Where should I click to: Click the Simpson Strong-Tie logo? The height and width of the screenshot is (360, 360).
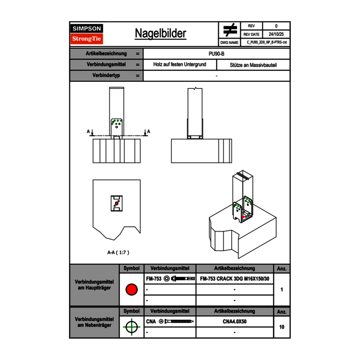coord(87,34)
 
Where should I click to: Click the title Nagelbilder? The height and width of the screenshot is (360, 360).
coord(160,34)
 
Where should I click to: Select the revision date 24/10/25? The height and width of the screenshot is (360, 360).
coord(276,34)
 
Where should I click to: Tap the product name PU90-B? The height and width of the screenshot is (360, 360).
coord(216,54)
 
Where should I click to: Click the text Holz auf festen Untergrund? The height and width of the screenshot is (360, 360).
coord(180,65)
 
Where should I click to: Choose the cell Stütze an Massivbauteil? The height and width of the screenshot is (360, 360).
coord(253,65)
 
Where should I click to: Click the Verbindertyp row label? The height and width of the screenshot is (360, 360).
coord(106,76)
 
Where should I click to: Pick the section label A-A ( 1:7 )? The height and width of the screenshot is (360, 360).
coord(118,252)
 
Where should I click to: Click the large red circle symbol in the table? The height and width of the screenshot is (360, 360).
coord(131,290)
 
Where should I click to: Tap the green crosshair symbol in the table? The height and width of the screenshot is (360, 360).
coord(131,327)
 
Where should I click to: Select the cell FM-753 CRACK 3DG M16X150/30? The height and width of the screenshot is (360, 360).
coord(235,279)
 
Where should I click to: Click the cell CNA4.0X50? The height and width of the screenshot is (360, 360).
coord(235,322)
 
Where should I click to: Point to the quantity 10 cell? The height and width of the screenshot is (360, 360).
coord(282,327)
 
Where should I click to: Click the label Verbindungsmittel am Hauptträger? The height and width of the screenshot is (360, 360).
coord(94,285)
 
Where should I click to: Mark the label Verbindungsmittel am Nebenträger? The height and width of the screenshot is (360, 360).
coord(94,322)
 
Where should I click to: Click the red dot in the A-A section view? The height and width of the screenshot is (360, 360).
coord(117,203)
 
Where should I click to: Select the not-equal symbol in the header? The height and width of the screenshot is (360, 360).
coord(230,30)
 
